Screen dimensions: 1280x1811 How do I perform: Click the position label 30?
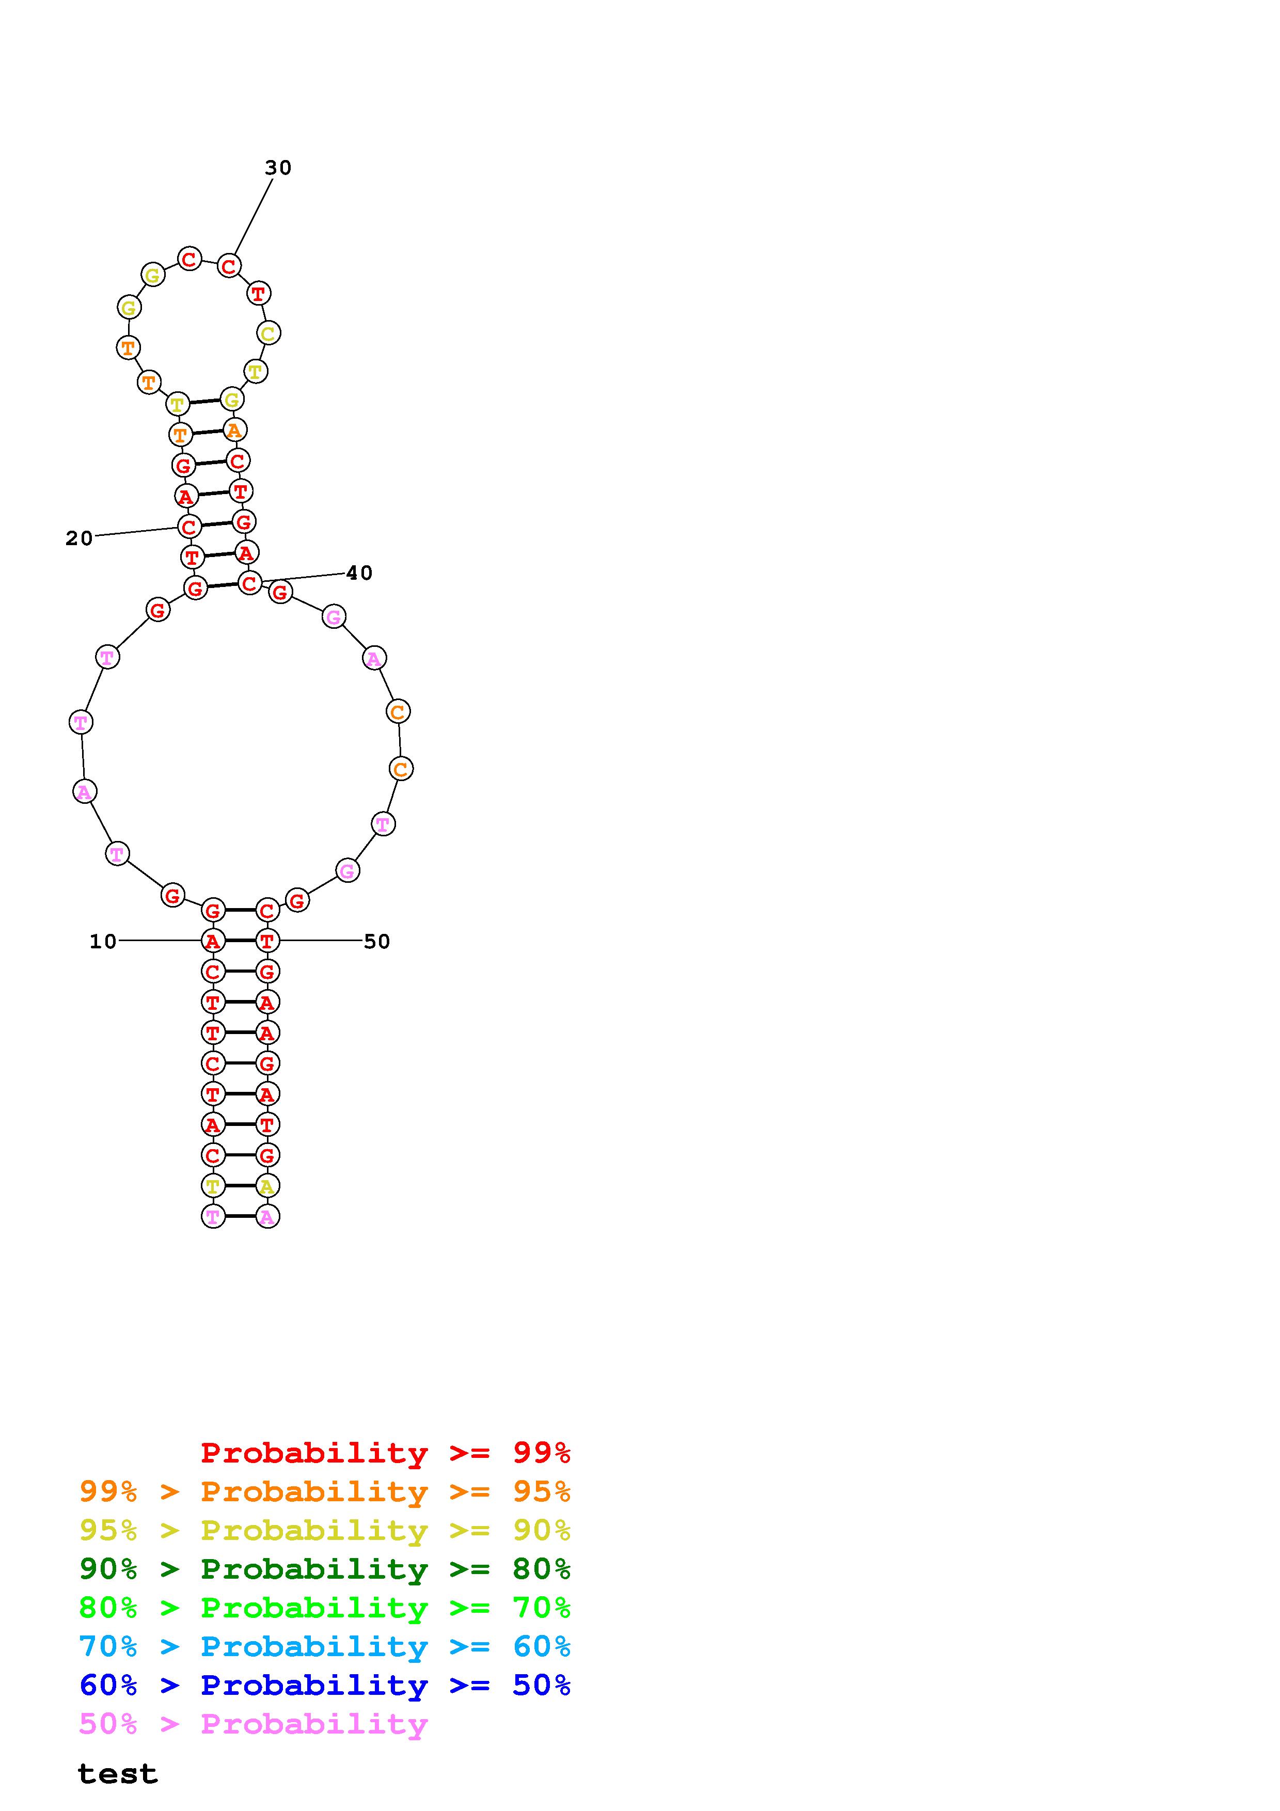(278, 168)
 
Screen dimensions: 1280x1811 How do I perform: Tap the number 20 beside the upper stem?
(79, 539)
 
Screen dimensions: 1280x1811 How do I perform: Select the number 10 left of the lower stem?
(103, 941)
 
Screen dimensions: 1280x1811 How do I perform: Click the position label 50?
(377, 941)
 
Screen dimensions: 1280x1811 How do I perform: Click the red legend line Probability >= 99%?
(386, 1452)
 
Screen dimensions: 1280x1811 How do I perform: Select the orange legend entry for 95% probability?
(325, 1491)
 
